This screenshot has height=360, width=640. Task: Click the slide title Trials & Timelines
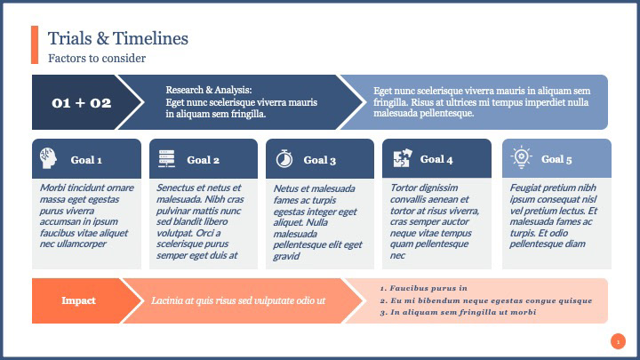tap(118, 38)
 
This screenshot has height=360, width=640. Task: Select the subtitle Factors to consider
tap(97, 58)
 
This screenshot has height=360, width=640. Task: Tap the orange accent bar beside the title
tap(35, 44)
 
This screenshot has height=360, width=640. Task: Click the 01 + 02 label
tap(82, 103)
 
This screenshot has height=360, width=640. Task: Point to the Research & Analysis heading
tap(209, 90)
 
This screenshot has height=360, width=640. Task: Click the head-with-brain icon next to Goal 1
tap(48, 158)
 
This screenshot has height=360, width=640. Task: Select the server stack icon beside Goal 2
tap(166, 158)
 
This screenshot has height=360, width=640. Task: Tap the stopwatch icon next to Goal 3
tap(284, 159)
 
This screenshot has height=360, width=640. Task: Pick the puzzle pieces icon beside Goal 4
tap(403, 158)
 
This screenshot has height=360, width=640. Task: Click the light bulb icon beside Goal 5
tap(521, 157)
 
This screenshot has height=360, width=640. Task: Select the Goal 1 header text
tap(86, 160)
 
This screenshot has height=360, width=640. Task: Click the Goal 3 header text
tap(320, 160)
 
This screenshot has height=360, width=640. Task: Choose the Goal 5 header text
tap(556, 159)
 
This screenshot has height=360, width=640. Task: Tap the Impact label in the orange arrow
tap(78, 300)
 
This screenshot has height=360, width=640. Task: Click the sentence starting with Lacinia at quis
tap(238, 300)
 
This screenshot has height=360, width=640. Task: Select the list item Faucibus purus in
tap(424, 288)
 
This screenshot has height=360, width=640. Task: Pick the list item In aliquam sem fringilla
tap(458, 312)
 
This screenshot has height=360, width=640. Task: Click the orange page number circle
tap(618, 341)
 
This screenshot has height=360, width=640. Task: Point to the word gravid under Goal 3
tap(286, 256)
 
